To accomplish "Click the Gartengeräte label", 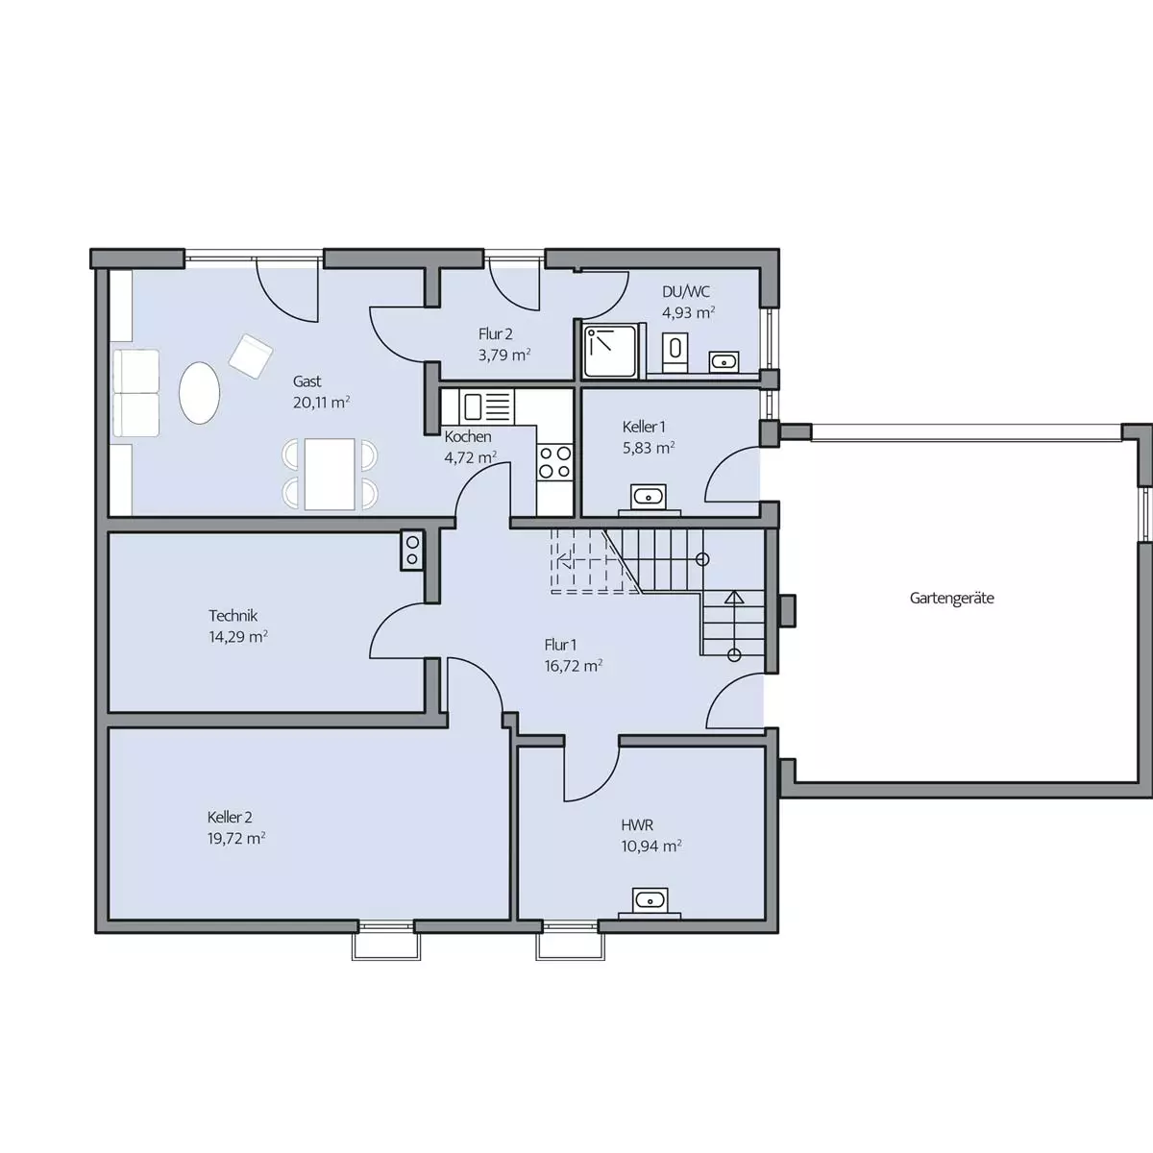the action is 951,598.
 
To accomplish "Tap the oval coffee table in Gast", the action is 199,393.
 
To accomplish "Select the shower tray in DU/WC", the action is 611,352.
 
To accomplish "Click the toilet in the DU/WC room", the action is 675,349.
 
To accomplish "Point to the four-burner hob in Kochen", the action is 554,462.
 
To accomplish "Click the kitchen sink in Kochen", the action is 486,406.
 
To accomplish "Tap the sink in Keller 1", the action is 649,496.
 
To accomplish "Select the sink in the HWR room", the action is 650,899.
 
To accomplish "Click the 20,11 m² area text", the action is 321,402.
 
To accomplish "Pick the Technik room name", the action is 233,615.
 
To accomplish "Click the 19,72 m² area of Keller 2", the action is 236,838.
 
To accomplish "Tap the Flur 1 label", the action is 560,645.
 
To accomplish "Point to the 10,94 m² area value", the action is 651,846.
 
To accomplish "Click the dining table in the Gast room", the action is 330,474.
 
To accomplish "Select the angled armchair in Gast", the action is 251,356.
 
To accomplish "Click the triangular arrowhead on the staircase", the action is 734,597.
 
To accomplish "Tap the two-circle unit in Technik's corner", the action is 412,551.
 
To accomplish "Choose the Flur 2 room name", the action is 496,333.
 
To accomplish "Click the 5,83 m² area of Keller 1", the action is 649,448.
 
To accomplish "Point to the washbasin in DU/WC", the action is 724,361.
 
